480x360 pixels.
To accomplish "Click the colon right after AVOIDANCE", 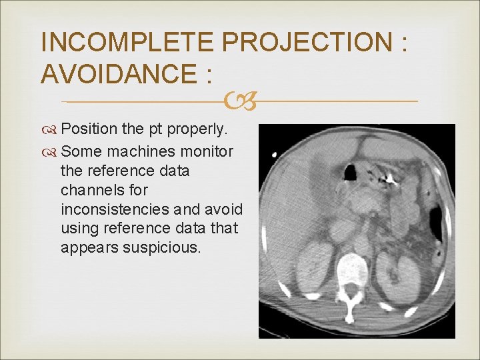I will tap(208, 75).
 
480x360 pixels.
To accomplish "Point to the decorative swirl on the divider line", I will tap(239, 102).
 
